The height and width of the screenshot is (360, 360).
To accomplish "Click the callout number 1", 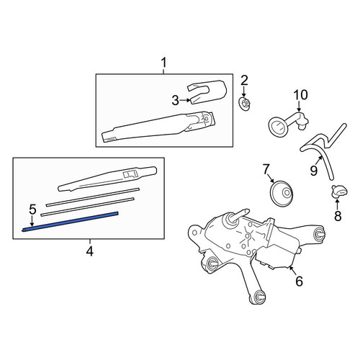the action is coord(163,63).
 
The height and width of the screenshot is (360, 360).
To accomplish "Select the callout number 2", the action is coord(244,81).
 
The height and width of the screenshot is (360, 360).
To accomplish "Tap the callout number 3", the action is coord(176,100).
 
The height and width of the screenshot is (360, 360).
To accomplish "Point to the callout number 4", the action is coord(89,251).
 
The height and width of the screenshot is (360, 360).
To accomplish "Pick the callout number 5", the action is coord(32,210).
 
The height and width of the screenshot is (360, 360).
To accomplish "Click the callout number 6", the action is coord(300,282).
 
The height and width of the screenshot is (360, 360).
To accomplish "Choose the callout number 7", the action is coord(266,169).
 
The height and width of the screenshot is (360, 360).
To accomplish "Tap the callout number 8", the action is coord(338,217).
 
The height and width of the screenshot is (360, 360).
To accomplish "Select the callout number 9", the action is coord(314,171).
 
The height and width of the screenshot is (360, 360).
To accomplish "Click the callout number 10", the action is coord(300,95).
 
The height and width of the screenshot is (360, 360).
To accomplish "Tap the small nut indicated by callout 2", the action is coord(245,104).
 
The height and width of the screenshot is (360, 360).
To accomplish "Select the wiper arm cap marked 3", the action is coord(207,91).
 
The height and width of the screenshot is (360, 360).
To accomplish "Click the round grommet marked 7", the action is coord(282,193).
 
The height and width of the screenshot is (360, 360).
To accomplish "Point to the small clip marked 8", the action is coord(340,191).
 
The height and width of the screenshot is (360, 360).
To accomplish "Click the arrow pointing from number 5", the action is coord(32,221).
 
